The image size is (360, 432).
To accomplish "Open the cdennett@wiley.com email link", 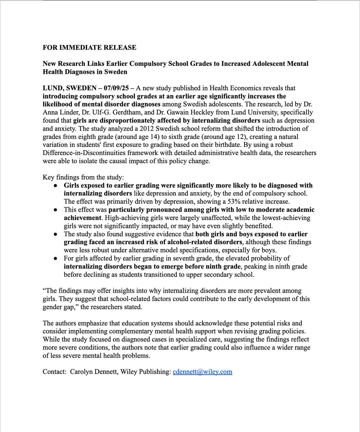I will point(202,372).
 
